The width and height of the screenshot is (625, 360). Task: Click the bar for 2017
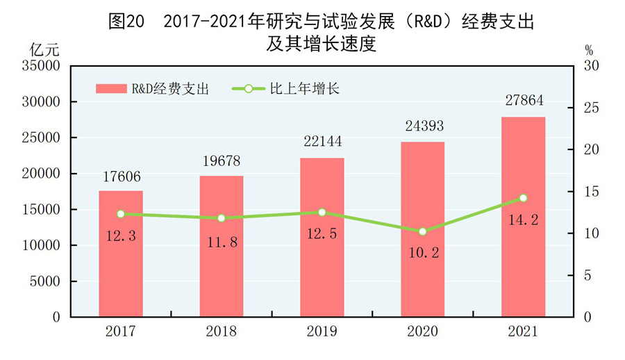pyautogui.click(x=121, y=254)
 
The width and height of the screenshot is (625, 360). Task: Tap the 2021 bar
pyautogui.click(x=524, y=217)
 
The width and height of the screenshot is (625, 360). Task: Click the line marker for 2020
pyautogui.click(x=423, y=231)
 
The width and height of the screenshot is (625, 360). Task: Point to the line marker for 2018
pyautogui.click(x=222, y=218)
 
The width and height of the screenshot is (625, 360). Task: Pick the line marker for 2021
pyautogui.click(x=524, y=198)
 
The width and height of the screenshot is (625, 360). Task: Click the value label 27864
pyautogui.click(x=524, y=101)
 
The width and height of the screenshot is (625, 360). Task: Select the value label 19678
pyautogui.click(x=222, y=160)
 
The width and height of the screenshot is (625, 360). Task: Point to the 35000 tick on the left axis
pyautogui.click(x=44, y=66)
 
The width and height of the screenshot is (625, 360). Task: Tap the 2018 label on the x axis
pyautogui.click(x=222, y=332)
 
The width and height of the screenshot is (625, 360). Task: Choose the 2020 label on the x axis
pyautogui.click(x=423, y=332)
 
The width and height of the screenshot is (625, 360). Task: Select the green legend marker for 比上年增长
pyautogui.click(x=248, y=89)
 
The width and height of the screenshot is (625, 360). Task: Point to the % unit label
pyautogui.click(x=588, y=50)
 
